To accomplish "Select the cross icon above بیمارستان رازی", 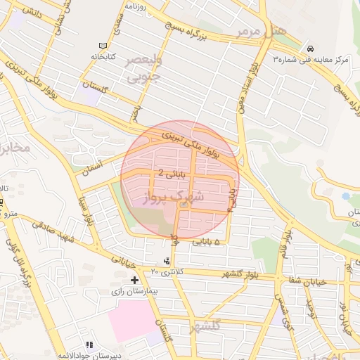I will [134, 280].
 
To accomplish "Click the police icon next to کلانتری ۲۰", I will [166, 262].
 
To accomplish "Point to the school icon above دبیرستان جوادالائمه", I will [89, 345].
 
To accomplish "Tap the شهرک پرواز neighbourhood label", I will [172, 197].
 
